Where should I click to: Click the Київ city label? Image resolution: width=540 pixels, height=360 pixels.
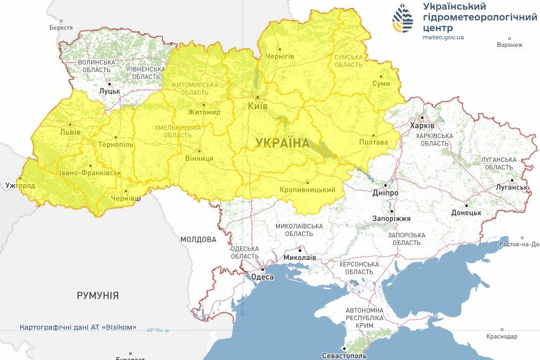click(x=257, y=106)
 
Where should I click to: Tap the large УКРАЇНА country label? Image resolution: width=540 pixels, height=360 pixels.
click(x=283, y=143)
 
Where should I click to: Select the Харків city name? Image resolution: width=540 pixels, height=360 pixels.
click(x=422, y=126)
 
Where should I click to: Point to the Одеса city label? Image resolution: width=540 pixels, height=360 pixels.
click(x=262, y=277)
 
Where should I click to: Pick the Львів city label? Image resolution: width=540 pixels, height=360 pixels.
click(x=70, y=132)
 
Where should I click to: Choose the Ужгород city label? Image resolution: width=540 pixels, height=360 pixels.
click(x=19, y=186)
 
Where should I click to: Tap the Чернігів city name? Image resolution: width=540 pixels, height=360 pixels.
click(x=279, y=56)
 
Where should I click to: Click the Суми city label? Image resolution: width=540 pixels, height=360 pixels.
click(x=381, y=84)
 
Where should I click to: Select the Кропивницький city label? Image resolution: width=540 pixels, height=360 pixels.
click(x=307, y=190)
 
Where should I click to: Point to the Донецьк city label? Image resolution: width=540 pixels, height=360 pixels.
click(x=466, y=213)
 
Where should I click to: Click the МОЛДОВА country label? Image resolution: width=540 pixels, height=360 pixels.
click(x=198, y=240)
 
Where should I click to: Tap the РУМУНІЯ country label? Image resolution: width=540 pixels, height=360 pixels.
click(x=97, y=295)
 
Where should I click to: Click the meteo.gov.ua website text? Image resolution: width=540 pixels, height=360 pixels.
click(x=443, y=37)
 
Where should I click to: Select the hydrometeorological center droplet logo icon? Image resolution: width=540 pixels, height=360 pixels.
click(x=403, y=19)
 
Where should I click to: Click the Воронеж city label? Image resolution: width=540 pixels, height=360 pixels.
click(x=510, y=45)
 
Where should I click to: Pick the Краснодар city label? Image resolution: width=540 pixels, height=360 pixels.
click(x=502, y=337)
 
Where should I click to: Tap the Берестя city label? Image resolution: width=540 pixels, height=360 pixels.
click(x=61, y=28)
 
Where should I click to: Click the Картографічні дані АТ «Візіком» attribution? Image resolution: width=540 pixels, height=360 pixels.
click(x=78, y=327)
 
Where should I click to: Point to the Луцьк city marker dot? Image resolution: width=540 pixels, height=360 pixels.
click(x=109, y=83)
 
